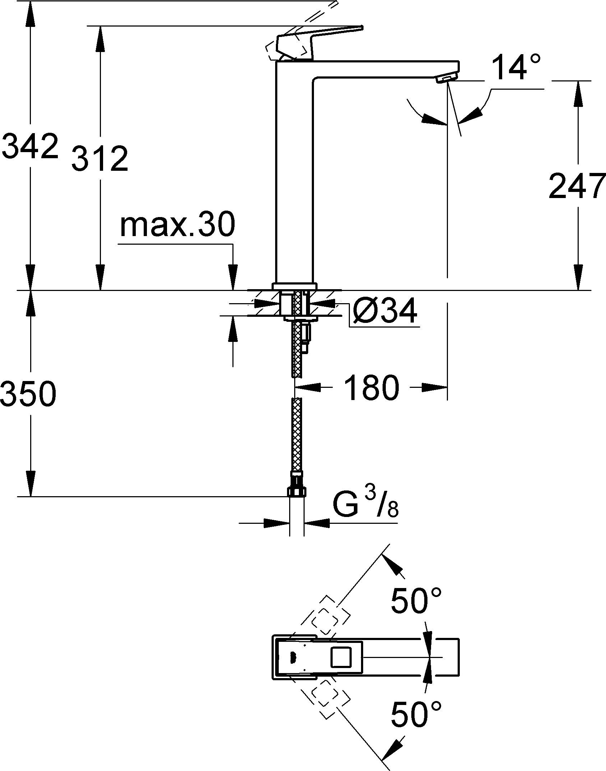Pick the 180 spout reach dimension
(371, 388)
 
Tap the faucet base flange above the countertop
(295, 286)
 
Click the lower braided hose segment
(297, 434)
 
